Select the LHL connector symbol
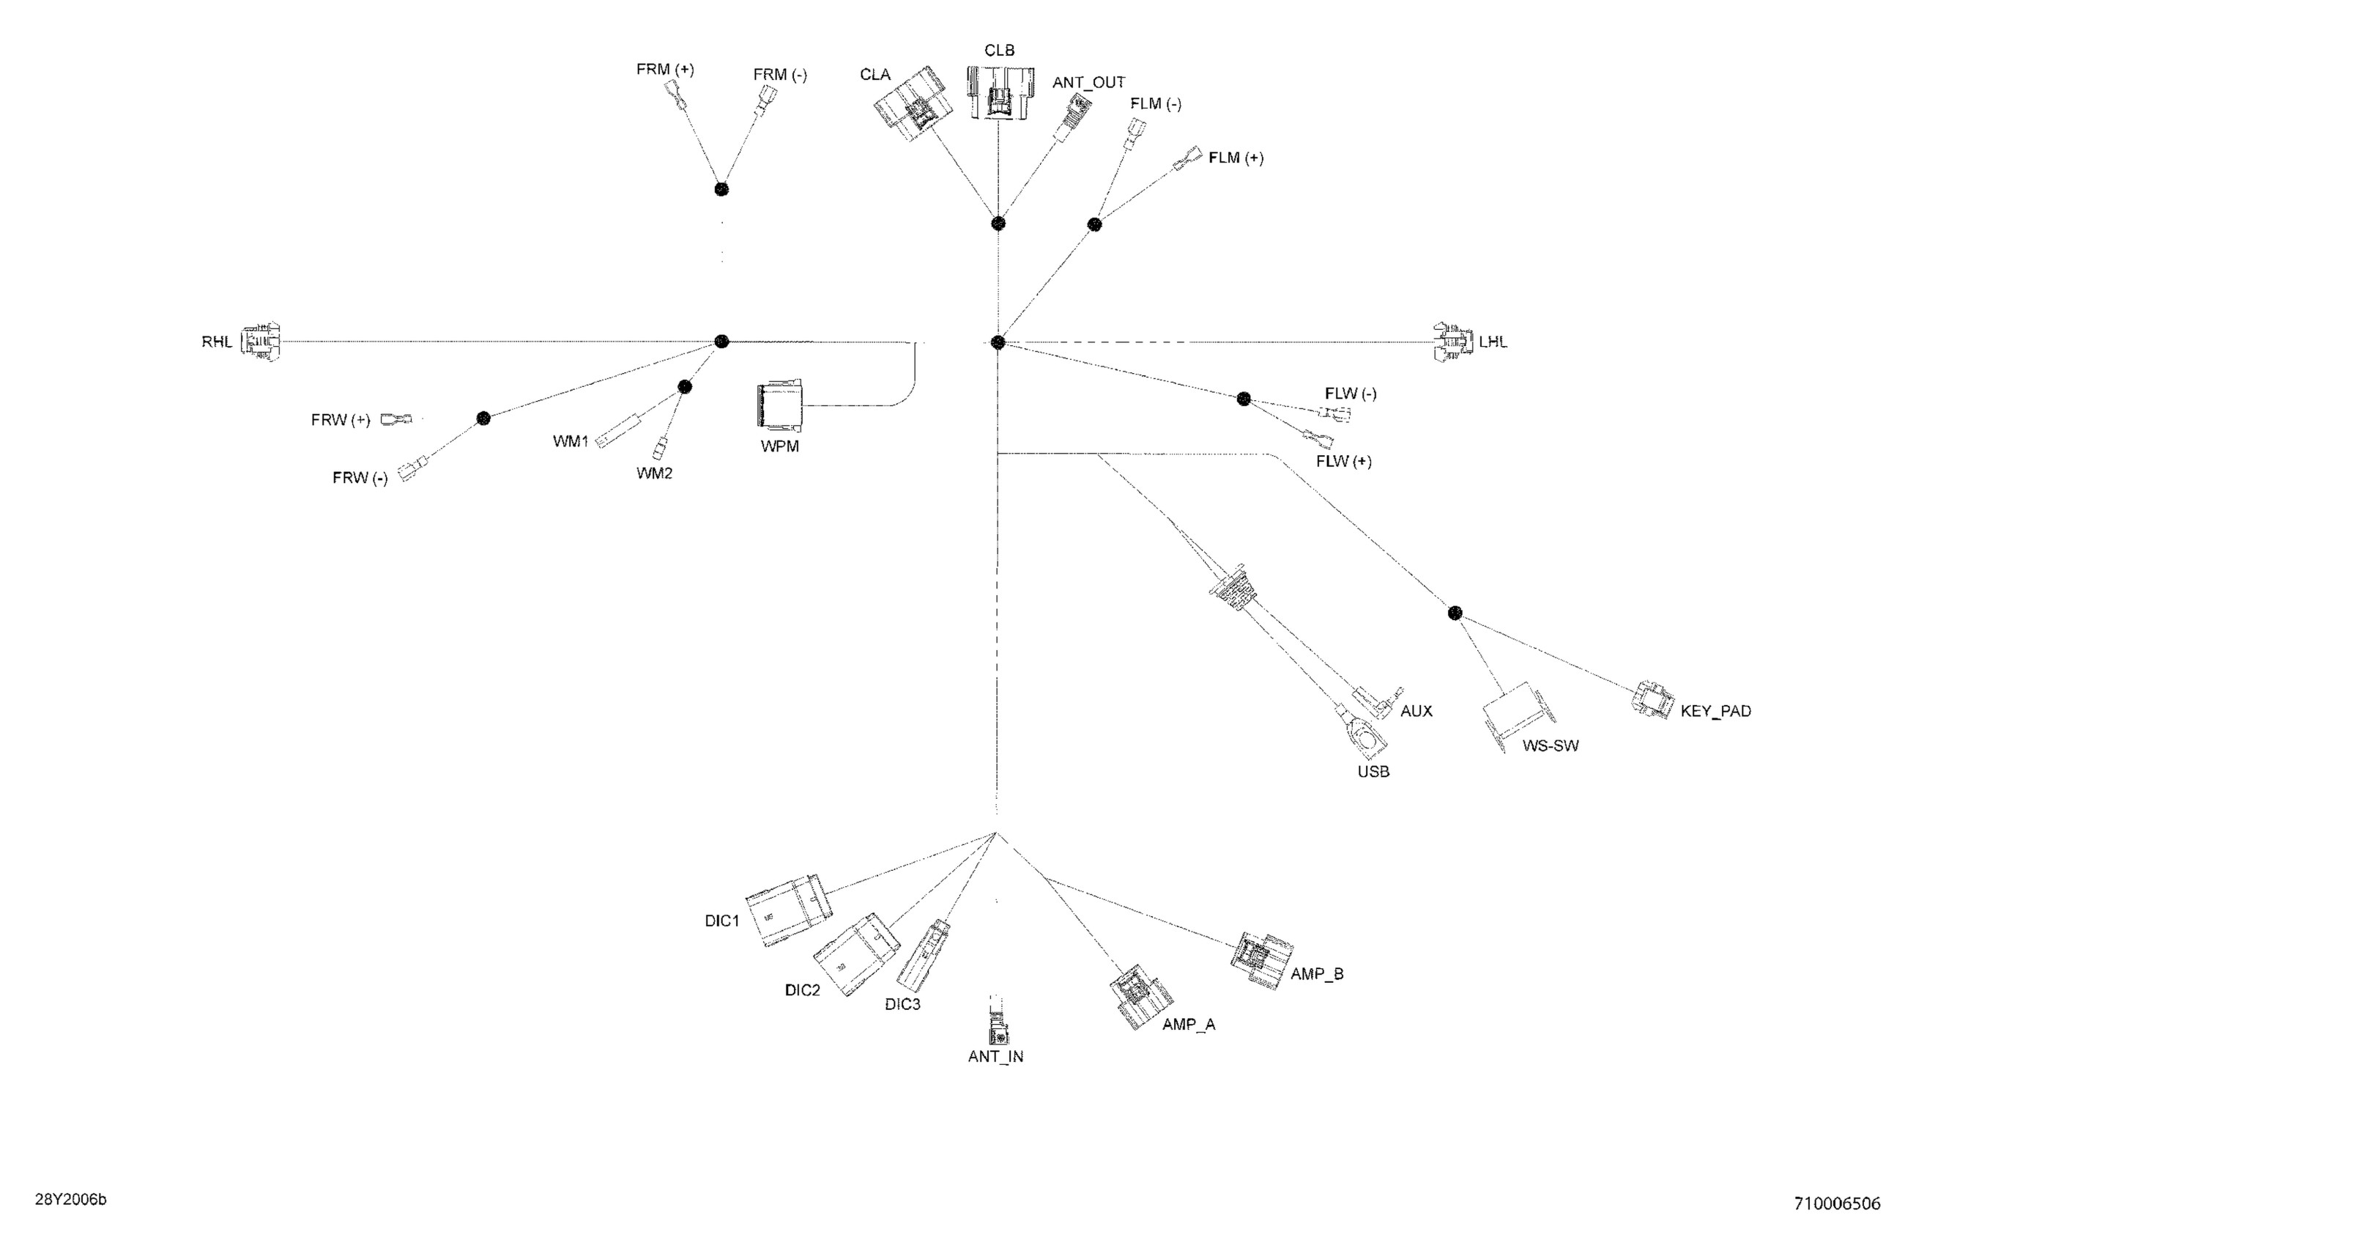point(1453,342)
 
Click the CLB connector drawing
point(1000,92)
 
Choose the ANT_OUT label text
point(1088,83)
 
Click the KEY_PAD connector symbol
point(1653,698)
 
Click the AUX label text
point(1417,711)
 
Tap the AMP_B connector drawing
point(1262,961)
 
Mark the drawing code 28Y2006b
point(71,1199)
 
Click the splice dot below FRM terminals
point(721,189)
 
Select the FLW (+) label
point(1343,462)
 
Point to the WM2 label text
point(654,473)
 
